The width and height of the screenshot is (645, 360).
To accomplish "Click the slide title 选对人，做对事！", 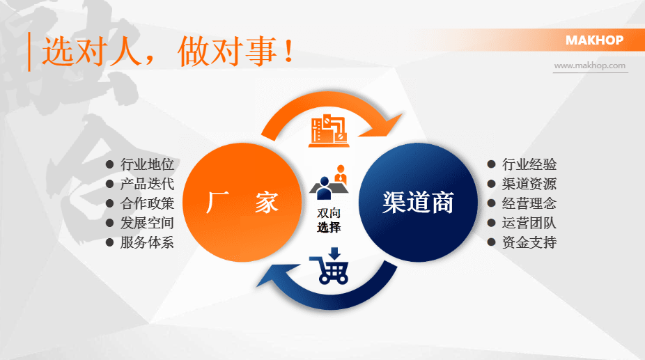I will click(167, 52).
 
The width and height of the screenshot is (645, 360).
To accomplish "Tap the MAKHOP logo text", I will click(594, 40).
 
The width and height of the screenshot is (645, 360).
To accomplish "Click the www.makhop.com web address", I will click(590, 65).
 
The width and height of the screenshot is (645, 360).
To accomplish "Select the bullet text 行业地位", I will click(147, 165).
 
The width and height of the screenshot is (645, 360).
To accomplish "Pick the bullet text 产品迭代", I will click(147, 185).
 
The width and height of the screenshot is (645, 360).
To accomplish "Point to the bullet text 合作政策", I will click(147, 204).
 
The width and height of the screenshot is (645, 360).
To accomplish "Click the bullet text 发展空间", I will click(147, 224).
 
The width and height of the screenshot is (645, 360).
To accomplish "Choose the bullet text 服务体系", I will click(147, 243).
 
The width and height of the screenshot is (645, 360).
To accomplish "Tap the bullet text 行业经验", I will click(529, 165).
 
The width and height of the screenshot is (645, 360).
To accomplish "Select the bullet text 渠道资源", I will click(529, 185).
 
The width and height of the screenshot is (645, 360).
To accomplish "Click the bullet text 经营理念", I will click(529, 204).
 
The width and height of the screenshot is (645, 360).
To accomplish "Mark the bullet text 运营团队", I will click(529, 224).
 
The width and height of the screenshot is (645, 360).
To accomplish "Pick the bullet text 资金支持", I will click(529, 243).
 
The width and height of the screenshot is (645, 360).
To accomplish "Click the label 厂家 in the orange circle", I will click(242, 203).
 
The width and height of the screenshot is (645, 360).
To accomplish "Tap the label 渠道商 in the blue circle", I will click(418, 203).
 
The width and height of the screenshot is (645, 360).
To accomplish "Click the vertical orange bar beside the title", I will click(29, 52).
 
